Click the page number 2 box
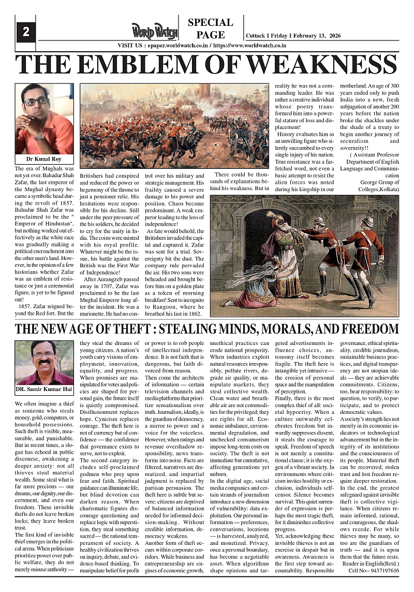click(25, 32)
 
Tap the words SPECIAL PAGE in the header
click(210, 29)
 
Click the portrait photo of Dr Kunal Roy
click(44, 119)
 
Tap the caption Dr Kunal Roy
click(44, 159)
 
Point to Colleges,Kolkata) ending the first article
click(380, 189)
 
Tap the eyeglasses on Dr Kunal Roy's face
click(37, 102)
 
